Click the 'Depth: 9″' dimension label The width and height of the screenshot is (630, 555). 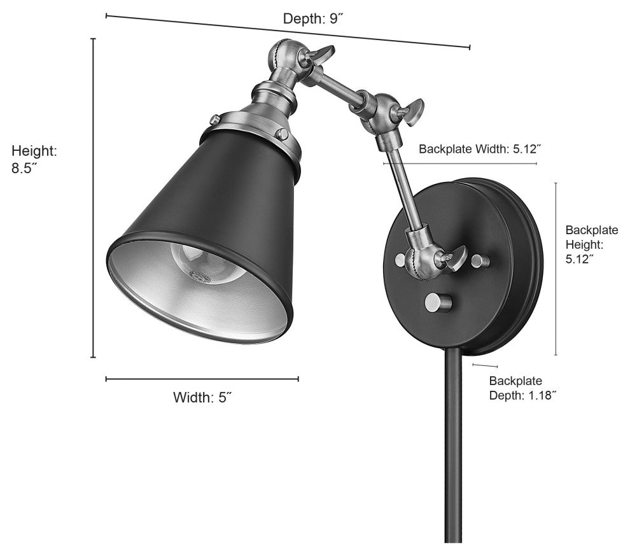pos(313,18)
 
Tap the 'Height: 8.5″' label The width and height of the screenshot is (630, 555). pos(34,160)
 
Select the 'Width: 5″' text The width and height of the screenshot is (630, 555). pos(203,397)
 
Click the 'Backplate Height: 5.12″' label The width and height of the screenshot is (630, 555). pos(591,244)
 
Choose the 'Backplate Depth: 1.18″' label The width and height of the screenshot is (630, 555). pos(522,388)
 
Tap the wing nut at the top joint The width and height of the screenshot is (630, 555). pos(321,53)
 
